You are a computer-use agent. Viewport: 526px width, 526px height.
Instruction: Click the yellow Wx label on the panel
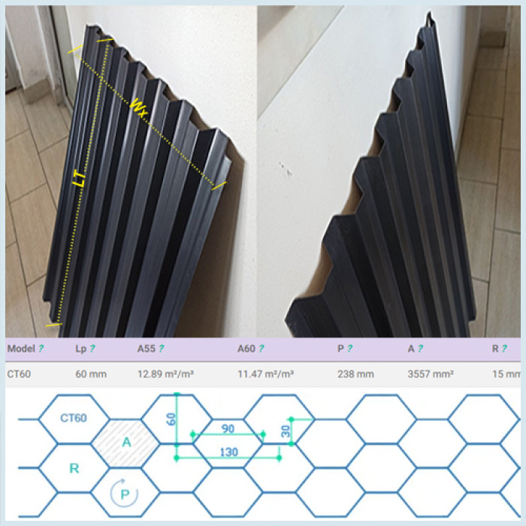click(139, 108)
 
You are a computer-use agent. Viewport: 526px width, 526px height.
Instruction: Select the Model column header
click(21, 349)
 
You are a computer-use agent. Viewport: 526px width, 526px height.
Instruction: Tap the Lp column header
click(81, 349)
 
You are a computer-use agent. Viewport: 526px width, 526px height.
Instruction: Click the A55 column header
click(147, 349)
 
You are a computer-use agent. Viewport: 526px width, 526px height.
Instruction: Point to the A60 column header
click(246, 349)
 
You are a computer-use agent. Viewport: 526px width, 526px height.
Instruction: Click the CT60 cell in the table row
click(19, 374)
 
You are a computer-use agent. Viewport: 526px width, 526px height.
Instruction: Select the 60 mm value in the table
click(91, 374)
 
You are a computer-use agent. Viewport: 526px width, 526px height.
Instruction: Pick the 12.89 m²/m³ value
click(165, 373)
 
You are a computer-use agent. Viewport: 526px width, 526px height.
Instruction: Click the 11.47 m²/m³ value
click(266, 373)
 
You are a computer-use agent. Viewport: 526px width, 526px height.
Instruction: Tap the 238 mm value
click(355, 374)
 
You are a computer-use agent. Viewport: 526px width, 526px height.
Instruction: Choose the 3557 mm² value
click(431, 373)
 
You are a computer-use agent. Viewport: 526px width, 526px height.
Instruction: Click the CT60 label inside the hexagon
click(74, 418)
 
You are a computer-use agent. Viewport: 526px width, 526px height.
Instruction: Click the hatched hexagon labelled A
click(125, 443)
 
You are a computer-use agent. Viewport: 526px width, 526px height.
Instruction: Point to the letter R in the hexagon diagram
click(74, 468)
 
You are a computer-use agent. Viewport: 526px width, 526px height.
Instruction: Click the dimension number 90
click(228, 429)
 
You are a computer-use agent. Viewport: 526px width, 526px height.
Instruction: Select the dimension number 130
click(228, 452)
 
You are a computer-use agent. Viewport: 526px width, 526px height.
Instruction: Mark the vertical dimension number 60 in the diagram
click(171, 419)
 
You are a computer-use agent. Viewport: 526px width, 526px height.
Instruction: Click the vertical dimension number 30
click(286, 431)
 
